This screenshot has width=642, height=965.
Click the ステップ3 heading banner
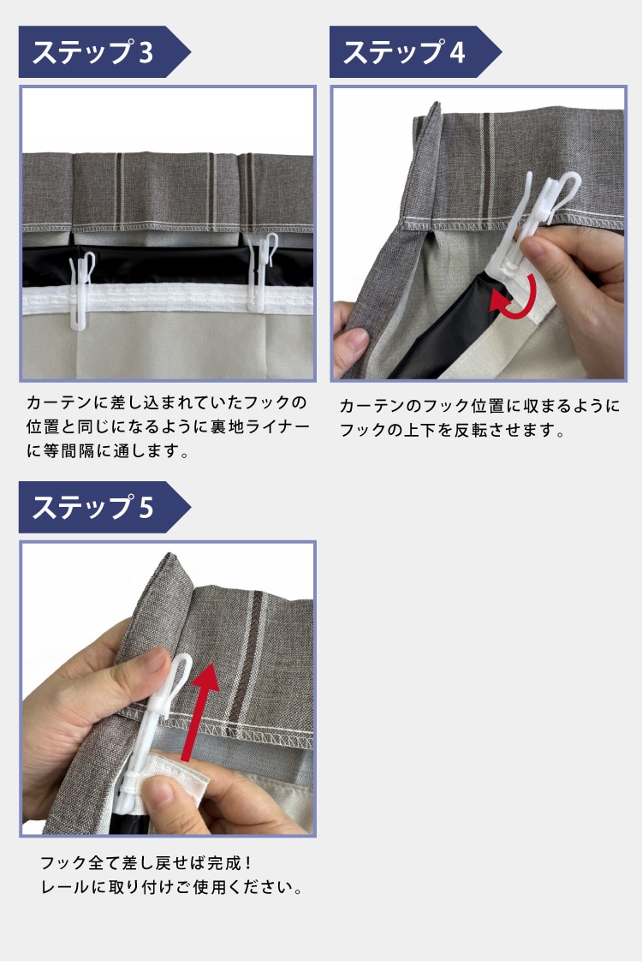pos(104,51)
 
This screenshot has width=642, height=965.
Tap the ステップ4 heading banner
pos(414,51)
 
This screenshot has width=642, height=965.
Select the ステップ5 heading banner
pos(104,507)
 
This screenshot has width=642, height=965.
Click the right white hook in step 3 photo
pos(262,271)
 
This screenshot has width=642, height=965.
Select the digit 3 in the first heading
pos(146,52)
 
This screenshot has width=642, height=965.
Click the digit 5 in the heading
pos(146,508)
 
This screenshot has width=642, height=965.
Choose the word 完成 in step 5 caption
pos(224,863)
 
